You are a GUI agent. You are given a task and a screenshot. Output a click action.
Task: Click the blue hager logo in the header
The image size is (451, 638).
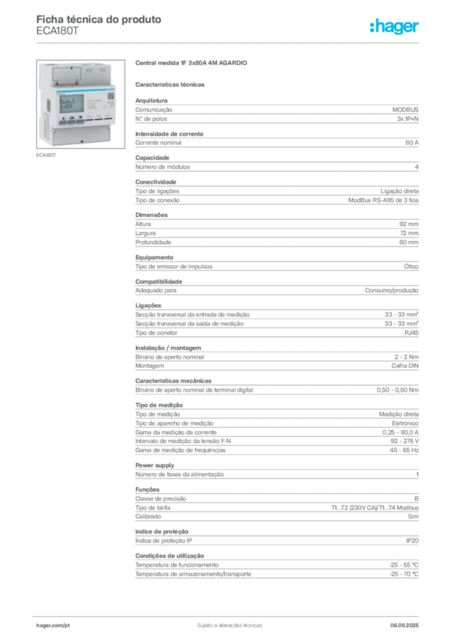click(x=396, y=27)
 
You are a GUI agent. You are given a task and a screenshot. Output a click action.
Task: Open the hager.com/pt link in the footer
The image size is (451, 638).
click(x=52, y=625)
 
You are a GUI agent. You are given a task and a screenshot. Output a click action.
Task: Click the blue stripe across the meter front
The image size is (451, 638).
click(x=78, y=90)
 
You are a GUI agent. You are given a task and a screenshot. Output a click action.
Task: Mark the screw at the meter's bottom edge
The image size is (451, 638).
click(x=83, y=142)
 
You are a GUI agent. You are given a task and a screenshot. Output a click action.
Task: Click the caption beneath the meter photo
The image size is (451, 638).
click(x=47, y=156)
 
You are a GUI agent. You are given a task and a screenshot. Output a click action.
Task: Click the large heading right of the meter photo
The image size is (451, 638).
click(x=192, y=63)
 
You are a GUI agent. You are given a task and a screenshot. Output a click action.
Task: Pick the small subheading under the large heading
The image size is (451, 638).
click(x=172, y=84)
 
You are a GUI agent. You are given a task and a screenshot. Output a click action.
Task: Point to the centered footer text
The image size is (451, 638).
click(x=228, y=623)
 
